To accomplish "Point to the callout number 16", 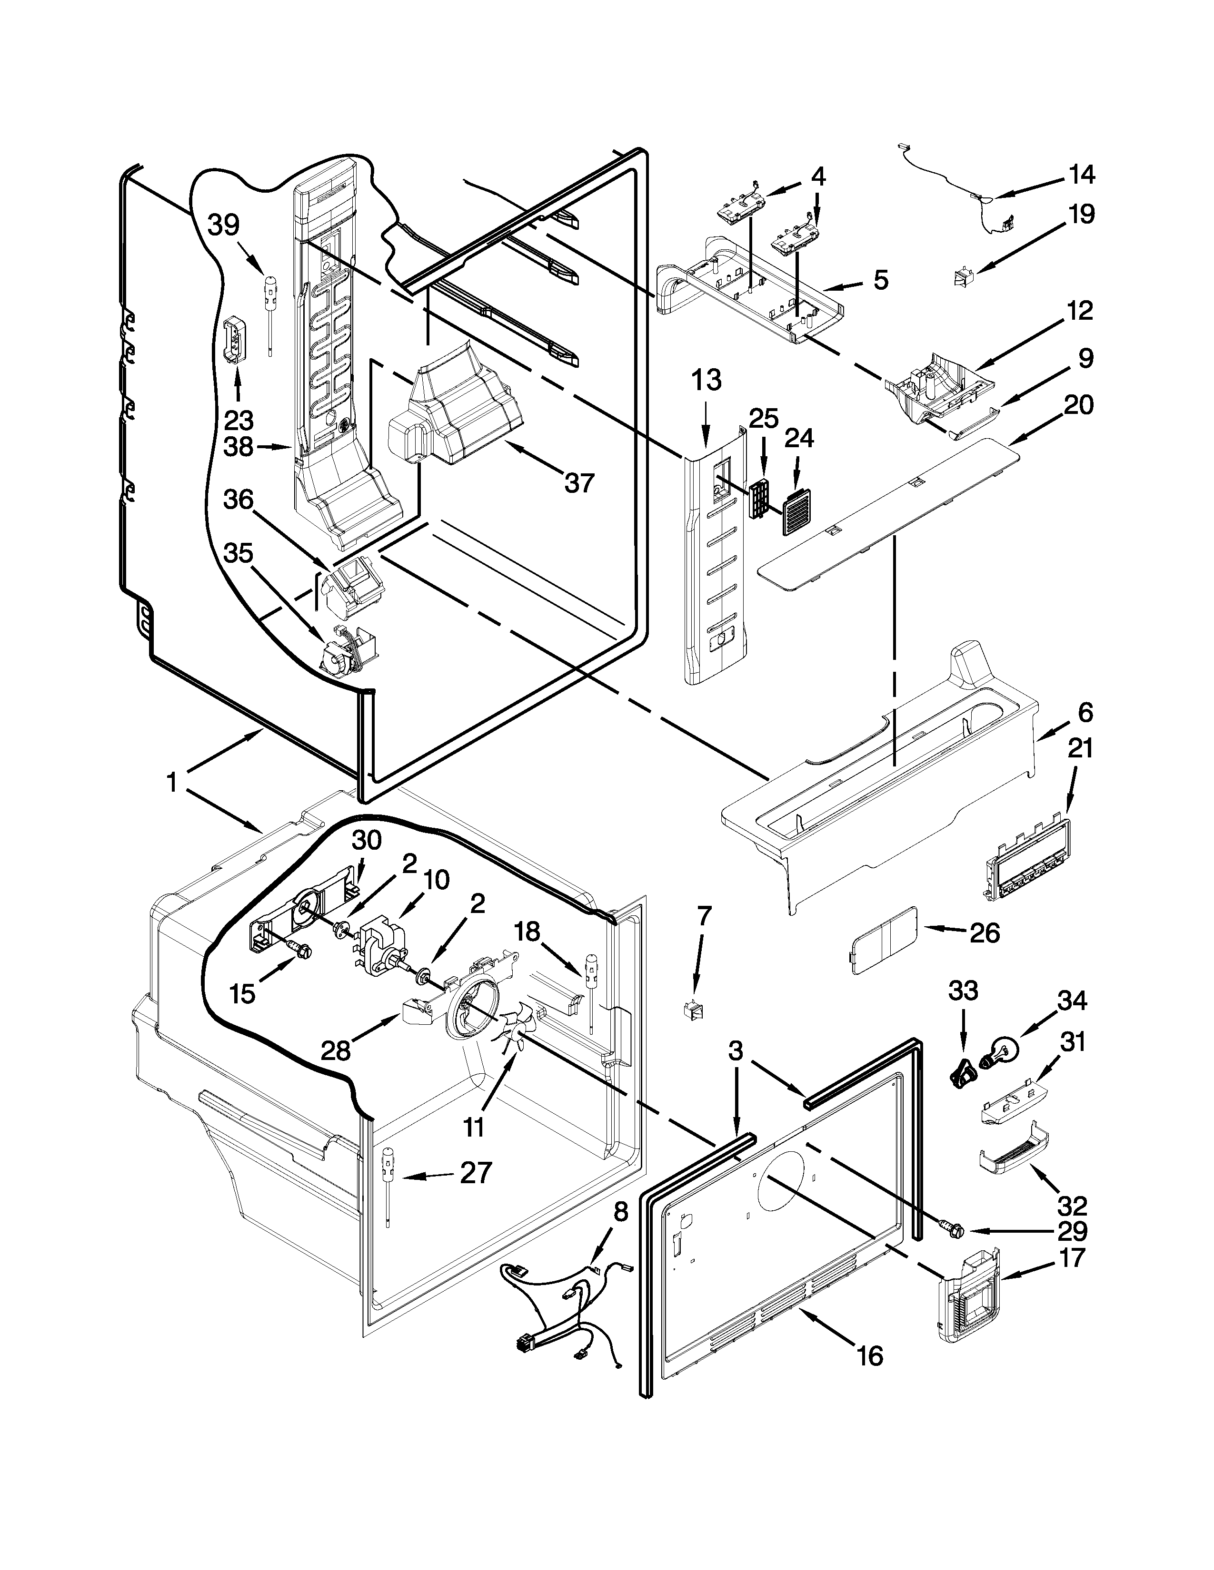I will (x=869, y=1356).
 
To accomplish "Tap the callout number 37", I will (x=579, y=483).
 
